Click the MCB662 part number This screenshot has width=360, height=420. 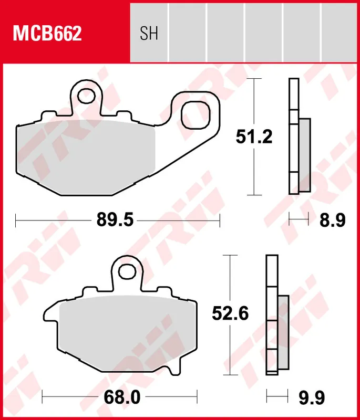tap(47, 34)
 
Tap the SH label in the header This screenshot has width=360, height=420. tap(149, 34)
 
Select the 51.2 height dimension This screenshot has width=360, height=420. tap(254, 138)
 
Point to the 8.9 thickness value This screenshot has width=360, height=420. tap(333, 221)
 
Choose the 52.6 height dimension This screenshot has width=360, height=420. tap(230, 314)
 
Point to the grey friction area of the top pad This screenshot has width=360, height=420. tap(84, 155)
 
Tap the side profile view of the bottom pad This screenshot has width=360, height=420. tap(275, 315)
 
